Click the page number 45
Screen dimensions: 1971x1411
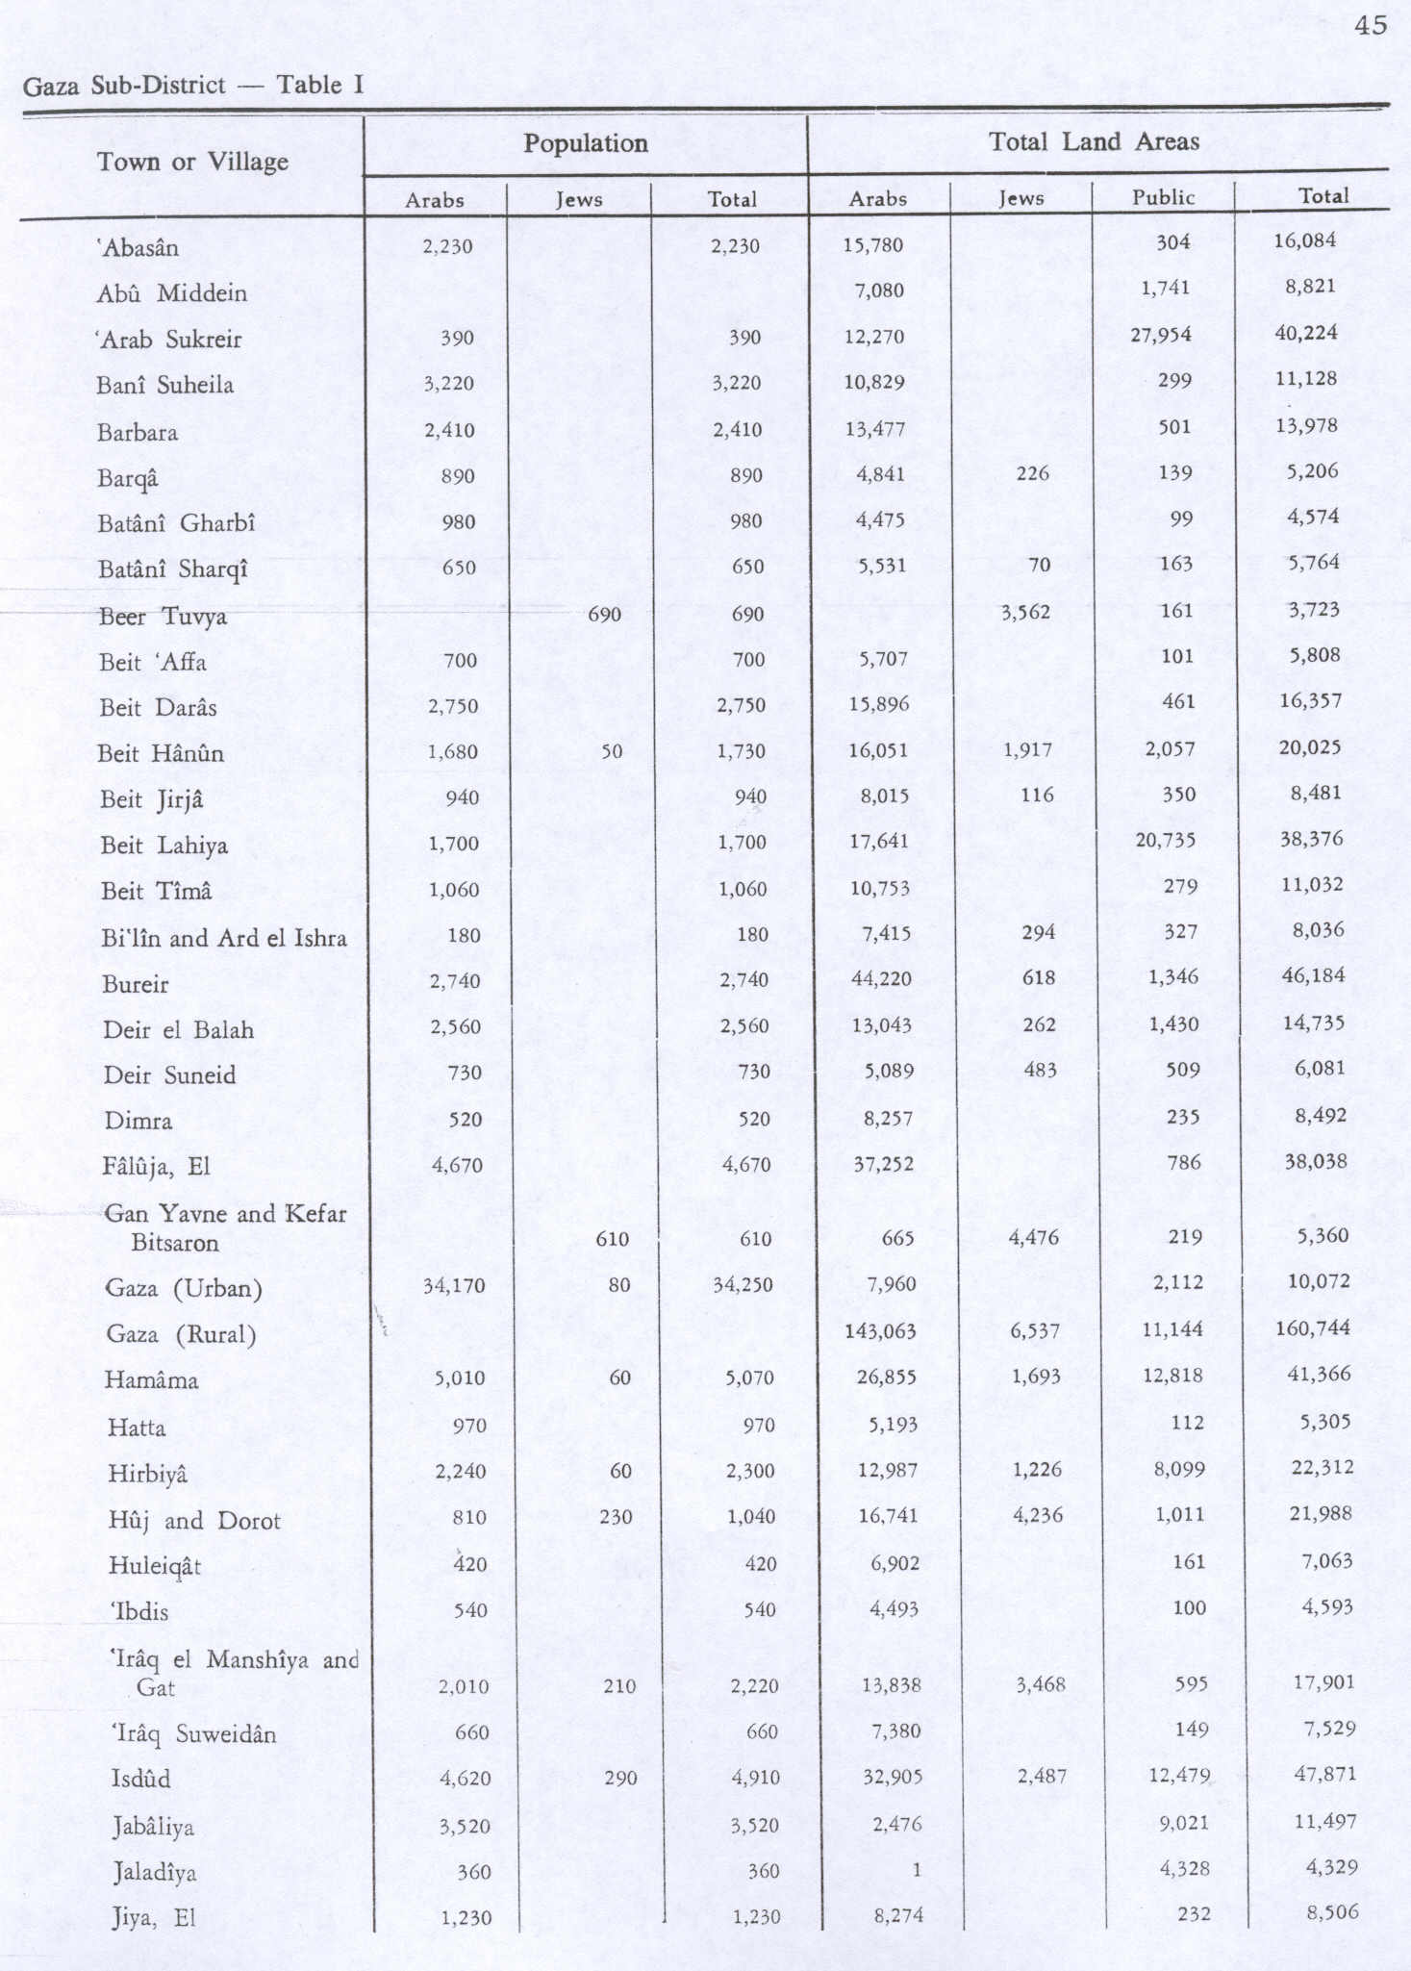[x=1371, y=25]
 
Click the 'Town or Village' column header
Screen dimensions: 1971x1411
[x=192, y=162]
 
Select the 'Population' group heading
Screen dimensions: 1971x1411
[x=585, y=143]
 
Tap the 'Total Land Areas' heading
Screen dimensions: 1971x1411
[x=1094, y=142]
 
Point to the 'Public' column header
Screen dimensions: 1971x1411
[x=1163, y=197]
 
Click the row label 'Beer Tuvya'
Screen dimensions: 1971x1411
[x=163, y=617]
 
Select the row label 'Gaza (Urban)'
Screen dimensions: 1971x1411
[x=183, y=1288]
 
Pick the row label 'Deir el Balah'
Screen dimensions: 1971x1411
[x=179, y=1030]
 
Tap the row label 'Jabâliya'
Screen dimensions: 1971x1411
[x=153, y=1827]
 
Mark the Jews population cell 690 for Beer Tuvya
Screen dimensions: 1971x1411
[x=604, y=614]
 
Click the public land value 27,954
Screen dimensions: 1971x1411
[x=1163, y=335]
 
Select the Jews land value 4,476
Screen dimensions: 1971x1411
[x=1033, y=1237]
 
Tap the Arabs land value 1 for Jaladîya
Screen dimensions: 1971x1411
[x=916, y=1870]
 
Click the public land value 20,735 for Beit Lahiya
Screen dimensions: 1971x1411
[x=1165, y=840]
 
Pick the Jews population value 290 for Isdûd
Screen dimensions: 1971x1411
[x=620, y=1778]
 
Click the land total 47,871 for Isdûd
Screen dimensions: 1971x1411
[x=1324, y=1774]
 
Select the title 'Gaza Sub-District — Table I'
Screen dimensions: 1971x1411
[x=192, y=86]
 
